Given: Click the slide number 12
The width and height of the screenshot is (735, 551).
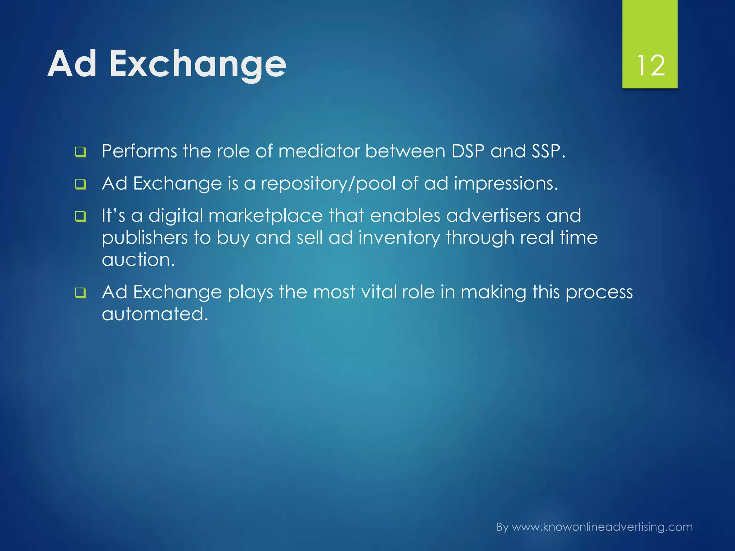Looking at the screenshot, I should [651, 66].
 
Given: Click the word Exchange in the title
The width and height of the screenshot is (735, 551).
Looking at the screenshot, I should [198, 64].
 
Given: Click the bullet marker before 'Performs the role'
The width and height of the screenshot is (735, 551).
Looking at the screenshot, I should [80, 152].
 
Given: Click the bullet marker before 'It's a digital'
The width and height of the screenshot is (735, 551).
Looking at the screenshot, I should [80, 217].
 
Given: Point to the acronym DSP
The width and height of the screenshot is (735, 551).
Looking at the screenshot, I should [468, 151].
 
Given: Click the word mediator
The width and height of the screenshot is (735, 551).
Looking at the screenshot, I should [319, 151].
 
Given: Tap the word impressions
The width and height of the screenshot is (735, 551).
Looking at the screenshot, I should [506, 184].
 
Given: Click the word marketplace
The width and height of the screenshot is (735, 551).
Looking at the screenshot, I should [265, 216].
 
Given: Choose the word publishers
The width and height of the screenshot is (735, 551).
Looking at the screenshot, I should [145, 238].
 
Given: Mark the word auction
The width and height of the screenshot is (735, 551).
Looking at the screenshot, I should [138, 260].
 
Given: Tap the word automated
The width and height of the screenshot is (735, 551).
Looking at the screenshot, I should [155, 314].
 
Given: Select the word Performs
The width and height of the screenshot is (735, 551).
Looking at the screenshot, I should [139, 151].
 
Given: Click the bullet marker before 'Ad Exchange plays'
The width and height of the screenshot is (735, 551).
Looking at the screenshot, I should [80, 293].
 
